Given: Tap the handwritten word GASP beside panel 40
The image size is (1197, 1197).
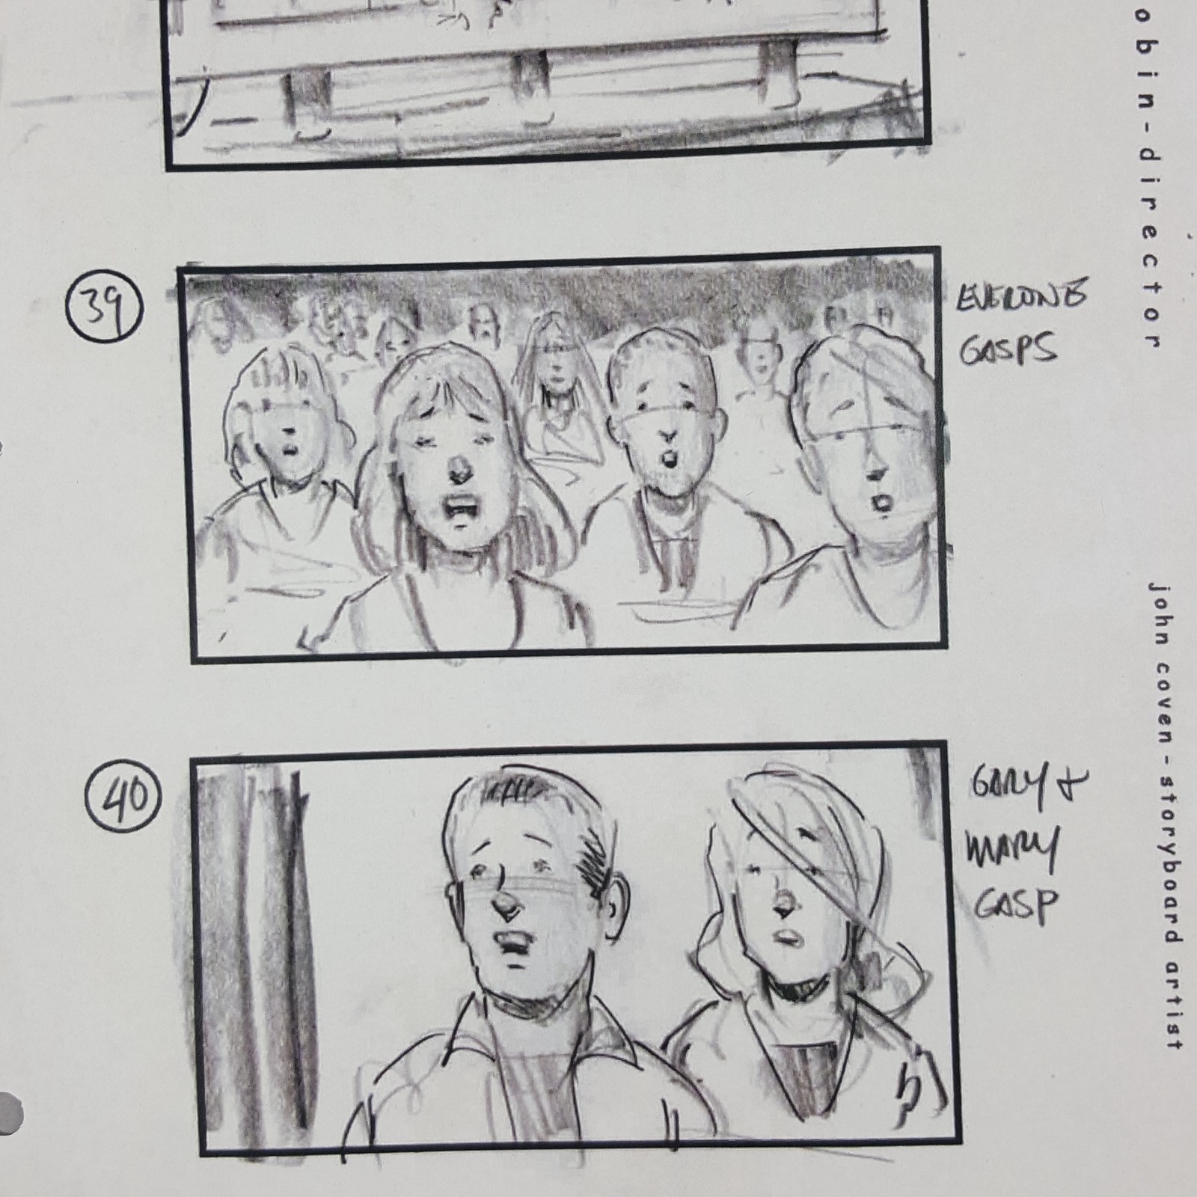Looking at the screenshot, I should (1016, 907).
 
